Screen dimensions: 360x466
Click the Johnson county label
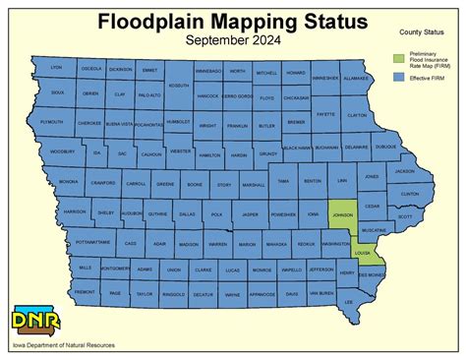pyautogui.click(x=343, y=212)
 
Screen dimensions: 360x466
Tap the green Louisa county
pyautogui.click(x=362, y=253)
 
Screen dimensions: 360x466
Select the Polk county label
pyautogui.click(x=216, y=213)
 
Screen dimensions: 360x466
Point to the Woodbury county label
pyautogui.click(x=62, y=152)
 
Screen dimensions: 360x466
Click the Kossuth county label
pyautogui.click(x=179, y=86)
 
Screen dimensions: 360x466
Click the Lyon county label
pyautogui.click(x=56, y=67)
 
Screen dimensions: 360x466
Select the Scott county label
pyautogui.click(x=405, y=216)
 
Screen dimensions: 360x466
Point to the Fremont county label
pyautogui.click(x=85, y=293)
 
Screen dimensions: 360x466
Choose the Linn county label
pyautogui.click(x=341, y=182)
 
